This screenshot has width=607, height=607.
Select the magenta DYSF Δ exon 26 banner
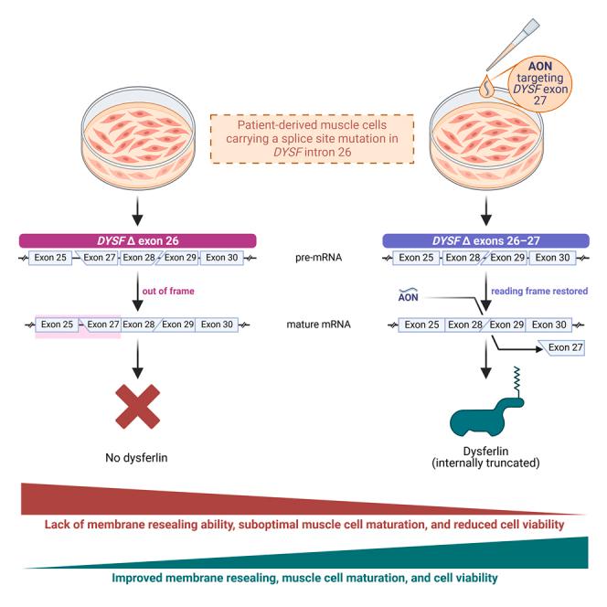[137, 240]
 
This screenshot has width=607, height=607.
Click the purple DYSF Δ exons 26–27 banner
[485, 240]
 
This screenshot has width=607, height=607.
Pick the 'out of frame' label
[167, 292]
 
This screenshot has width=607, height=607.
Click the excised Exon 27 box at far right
[548, 347]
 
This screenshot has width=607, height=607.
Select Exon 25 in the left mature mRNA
[57, 324]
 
